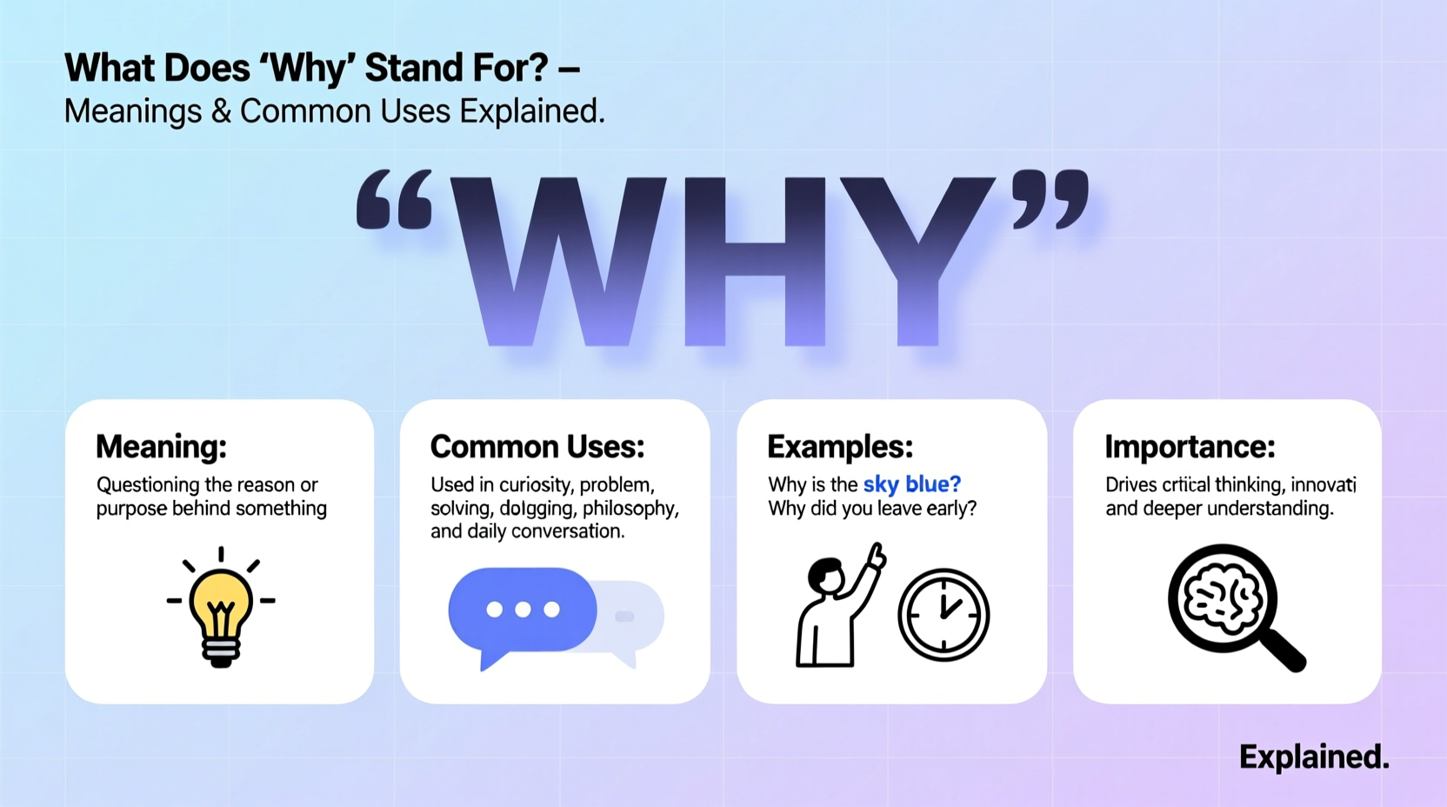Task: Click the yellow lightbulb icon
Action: click(221, 609)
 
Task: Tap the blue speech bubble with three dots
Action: click(522, 610)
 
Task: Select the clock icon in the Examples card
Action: click(944, 615)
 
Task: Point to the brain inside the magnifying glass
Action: click(1222, 597)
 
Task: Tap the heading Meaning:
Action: click(161, 447)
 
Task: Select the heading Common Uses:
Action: click(537, 447)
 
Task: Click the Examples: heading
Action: click(840, 447)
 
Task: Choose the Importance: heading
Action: click(1190, 447)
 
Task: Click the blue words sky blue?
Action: click(911, 484)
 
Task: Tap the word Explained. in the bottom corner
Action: click(1313, 757)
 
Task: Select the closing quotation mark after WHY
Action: click(1051, 200)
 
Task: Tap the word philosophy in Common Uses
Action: click(630, 508)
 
